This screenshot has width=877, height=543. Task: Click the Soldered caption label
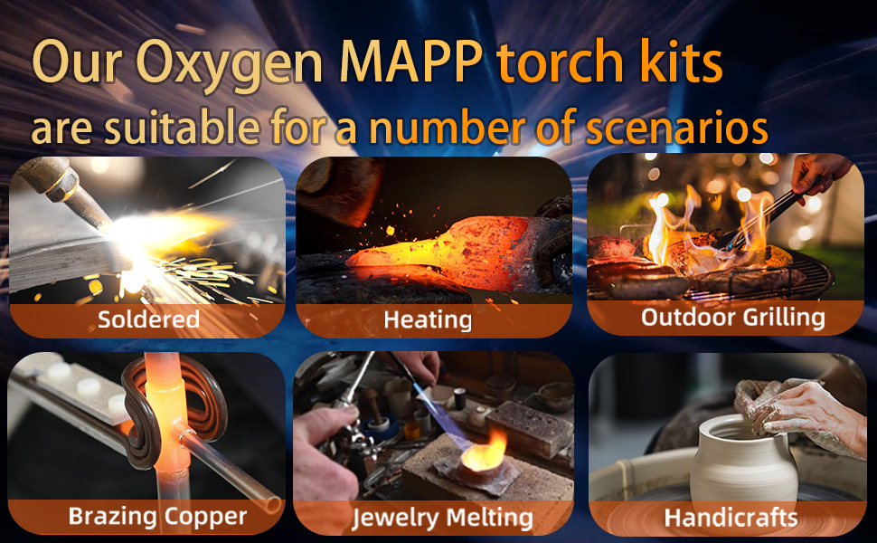point(148,319)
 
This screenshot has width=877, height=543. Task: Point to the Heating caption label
point(428,319)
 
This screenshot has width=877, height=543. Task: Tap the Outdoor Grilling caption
point(732,317)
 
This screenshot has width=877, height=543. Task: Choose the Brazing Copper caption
point(157,517)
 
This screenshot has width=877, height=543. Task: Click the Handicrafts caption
point(731,518)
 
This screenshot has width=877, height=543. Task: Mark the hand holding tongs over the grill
point(818,172)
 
